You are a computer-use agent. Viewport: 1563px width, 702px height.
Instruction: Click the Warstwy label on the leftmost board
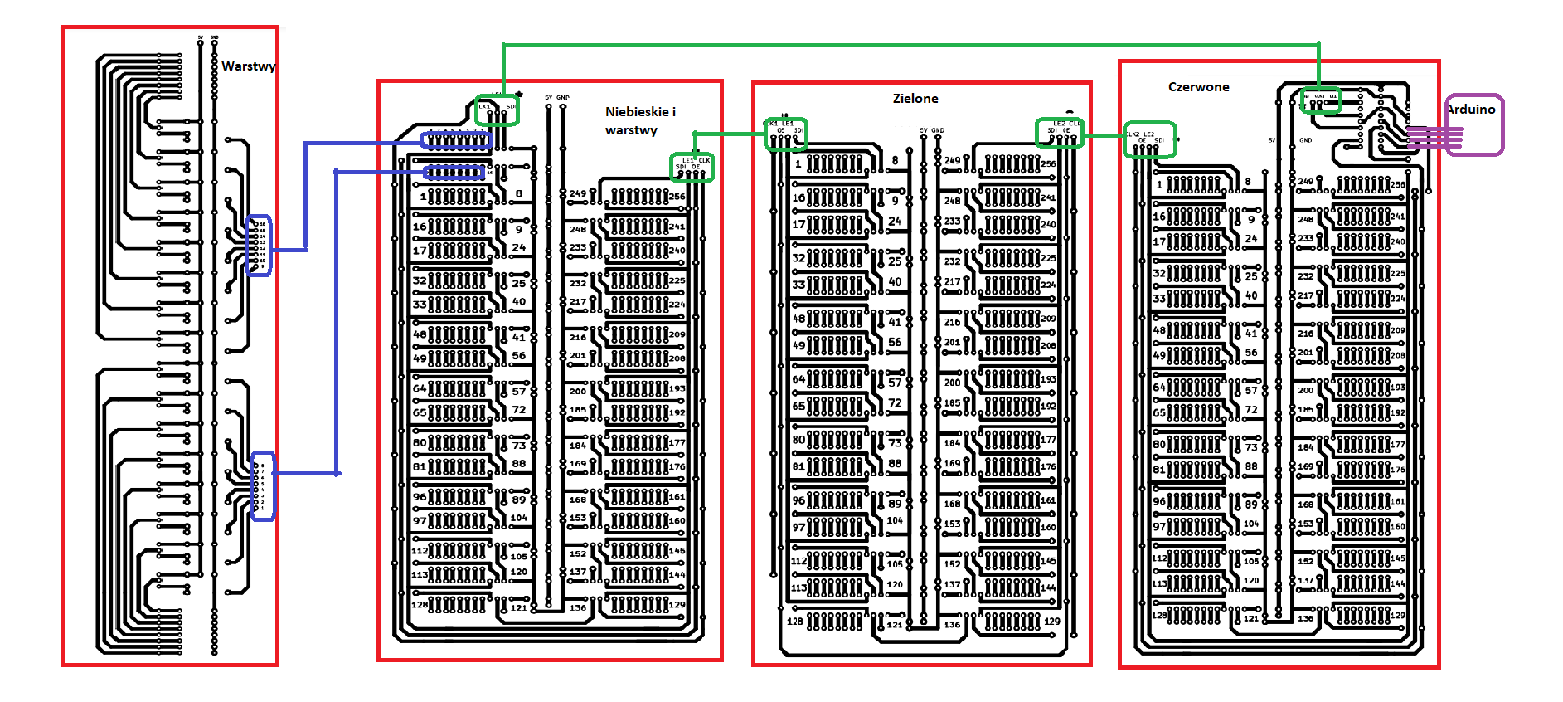click(248, 66)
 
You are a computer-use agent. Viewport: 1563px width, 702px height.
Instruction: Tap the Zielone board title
click(915, 99)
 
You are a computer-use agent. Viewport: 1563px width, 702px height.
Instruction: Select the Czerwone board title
click(1198, 87)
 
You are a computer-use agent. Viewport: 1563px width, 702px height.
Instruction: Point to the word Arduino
click(1471, 110)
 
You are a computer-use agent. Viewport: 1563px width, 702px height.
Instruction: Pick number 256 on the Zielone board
click(1048, 164)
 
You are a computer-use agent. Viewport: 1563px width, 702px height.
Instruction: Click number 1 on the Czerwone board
click(1159, 185)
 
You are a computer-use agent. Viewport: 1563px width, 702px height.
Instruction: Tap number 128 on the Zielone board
click(794, 621)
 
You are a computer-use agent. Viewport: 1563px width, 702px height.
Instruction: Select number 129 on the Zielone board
click(1051, 621)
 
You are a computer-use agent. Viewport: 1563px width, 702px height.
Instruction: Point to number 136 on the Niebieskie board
click(578, 608)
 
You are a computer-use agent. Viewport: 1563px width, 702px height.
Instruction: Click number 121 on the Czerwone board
click(1251, 618)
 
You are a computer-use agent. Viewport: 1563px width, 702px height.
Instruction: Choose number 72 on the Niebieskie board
click(518, 410)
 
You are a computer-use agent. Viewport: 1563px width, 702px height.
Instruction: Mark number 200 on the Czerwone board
click(1305, 390)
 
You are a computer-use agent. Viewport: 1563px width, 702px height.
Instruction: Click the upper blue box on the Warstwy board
click(259, 246)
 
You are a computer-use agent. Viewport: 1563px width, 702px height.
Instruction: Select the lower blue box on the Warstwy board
click(263, 486)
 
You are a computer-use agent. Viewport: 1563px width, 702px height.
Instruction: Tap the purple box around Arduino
click(1474, 124)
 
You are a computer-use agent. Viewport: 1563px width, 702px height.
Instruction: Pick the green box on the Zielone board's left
click(785, 134)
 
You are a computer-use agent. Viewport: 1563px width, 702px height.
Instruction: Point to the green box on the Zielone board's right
click(1060, 133)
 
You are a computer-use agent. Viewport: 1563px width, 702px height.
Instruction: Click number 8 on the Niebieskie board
click(519, 193)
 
